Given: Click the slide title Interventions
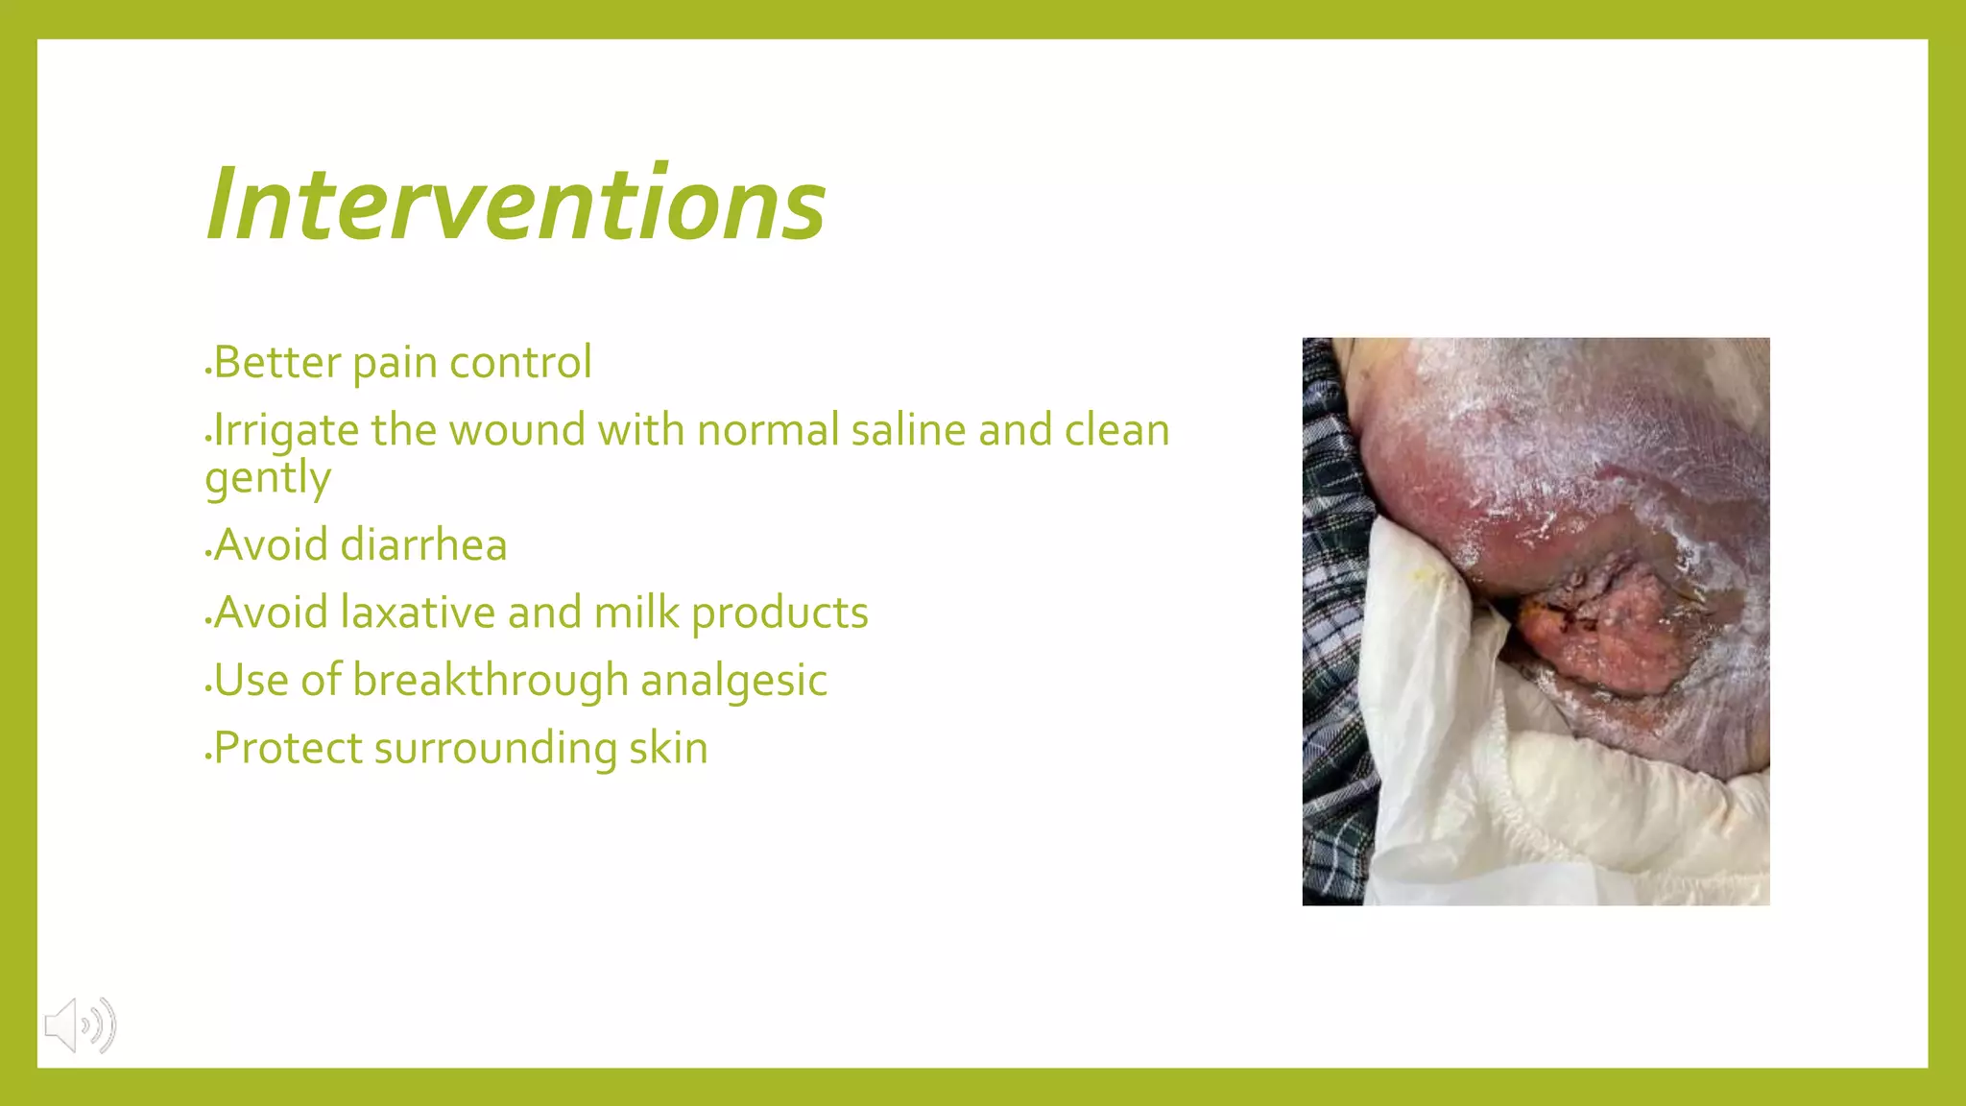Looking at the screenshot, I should (x=515, y=204).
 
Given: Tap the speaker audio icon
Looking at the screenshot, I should (x=80, y=1025).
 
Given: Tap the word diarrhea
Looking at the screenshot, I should (x=423, y=545).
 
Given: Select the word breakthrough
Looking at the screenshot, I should (x=490, y=681).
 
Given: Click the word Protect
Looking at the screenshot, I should (x=287, y=749).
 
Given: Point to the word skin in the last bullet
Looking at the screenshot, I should (x=668, y=749).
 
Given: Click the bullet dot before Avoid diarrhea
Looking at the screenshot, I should (x=207, y=555).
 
